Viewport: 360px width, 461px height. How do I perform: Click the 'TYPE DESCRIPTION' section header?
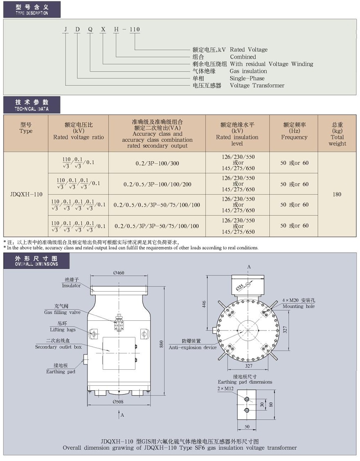point(32,9)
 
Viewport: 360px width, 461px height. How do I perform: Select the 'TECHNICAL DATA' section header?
point(32,105)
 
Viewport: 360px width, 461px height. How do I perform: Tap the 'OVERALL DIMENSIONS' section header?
point(36,261)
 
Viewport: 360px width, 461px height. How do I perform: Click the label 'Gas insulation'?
point(248,71)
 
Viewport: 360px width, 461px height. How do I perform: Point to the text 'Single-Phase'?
point(247,78)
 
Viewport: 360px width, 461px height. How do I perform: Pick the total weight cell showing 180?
point(337,194)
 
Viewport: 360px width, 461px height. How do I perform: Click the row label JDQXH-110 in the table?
point(26,194)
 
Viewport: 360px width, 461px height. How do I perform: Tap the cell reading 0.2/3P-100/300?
point(157,163)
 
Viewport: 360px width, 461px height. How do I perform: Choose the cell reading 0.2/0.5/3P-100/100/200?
point(157,184)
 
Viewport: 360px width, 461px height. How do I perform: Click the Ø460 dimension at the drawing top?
point(119,273)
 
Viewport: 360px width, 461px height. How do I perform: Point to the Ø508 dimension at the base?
point(118,402)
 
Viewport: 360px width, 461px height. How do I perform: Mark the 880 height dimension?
point(161,344)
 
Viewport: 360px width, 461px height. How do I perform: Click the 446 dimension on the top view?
point(204,304)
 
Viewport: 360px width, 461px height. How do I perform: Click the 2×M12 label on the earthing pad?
point(225,389)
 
